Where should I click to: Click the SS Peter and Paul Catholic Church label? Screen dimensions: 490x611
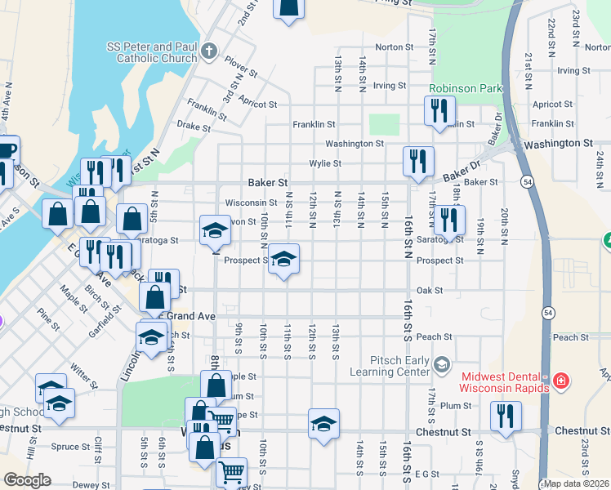pyautogui.click(x=151, y=52)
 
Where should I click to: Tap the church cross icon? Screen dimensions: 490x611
pyautogui.click(x=208, y=52)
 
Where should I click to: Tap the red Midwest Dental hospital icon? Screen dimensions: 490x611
pyautogui.click(x=560, y=381)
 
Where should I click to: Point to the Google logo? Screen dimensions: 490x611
pyautogui.click(x=27, y=480)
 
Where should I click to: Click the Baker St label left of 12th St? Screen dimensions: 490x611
pyautogui.click(x=269, y=183)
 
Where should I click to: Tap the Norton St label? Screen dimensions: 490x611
pyautogui.click(x=390, y=47)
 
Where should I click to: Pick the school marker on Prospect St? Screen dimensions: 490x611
pyautogui.click(x=283, y=260)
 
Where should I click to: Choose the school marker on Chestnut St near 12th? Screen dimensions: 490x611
pyautogui.click(x=323, y=424)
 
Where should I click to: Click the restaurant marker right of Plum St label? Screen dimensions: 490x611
pyautogui.click(x=506, y=416)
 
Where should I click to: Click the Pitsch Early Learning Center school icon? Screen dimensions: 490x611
pyautogui.click(x=442, y=363)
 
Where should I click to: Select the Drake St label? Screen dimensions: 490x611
pyautogui.click(x=194, y=126)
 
